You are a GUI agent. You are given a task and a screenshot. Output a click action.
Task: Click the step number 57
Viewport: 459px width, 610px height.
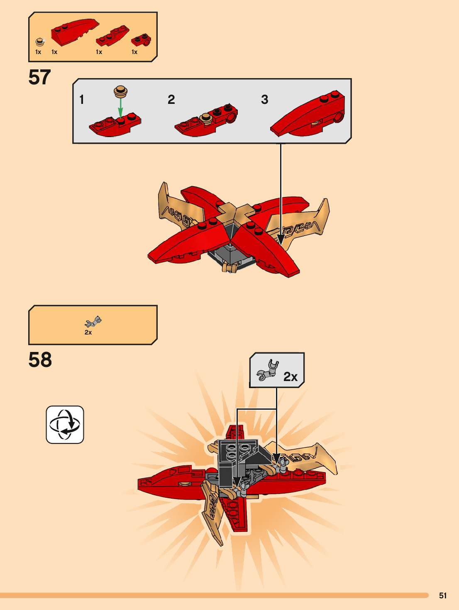39,78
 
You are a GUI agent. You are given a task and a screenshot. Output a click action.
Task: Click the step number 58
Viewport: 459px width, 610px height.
40,360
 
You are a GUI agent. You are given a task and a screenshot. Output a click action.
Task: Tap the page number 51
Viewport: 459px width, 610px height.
443,595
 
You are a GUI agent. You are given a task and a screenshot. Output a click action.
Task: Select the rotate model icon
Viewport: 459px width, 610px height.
65,425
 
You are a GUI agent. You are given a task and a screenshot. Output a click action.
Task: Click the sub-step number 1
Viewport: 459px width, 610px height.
82,100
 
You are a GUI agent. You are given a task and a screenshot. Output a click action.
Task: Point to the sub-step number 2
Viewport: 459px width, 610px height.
171,100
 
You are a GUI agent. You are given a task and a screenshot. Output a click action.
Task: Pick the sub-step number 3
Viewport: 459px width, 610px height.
264,100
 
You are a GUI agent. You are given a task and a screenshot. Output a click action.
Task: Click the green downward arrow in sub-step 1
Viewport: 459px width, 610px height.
120,108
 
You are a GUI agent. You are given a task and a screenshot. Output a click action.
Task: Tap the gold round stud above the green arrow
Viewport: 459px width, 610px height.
121,90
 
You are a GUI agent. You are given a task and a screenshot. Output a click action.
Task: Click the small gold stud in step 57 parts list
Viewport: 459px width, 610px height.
39,42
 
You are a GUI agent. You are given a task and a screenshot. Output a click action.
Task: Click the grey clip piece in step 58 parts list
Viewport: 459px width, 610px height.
93,322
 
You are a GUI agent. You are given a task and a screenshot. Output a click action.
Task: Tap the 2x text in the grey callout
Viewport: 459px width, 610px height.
291,377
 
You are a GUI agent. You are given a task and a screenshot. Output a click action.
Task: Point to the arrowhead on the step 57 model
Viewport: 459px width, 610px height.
281,240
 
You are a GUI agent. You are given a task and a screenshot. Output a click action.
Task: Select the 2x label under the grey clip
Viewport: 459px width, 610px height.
88,332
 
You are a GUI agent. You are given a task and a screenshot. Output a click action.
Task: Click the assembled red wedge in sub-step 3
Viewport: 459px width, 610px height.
309,114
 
